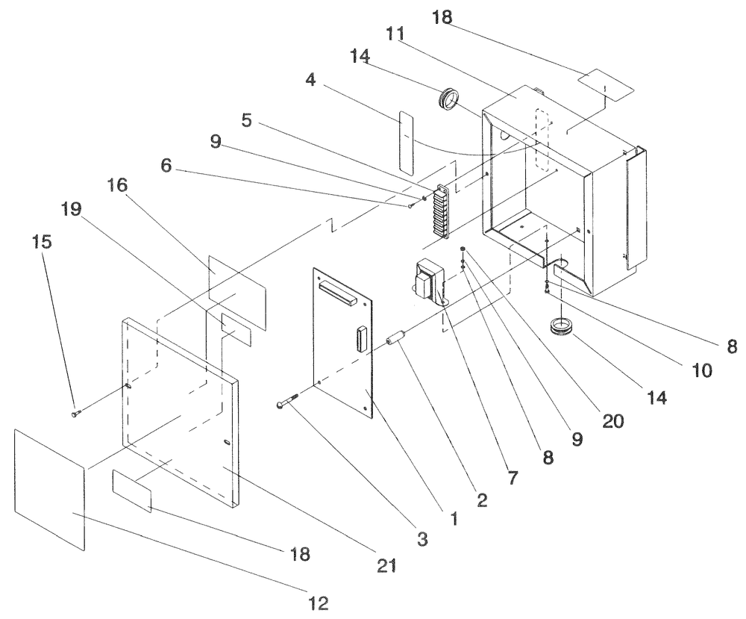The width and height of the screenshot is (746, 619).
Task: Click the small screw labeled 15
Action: pyautogui.click(x=76, y=411)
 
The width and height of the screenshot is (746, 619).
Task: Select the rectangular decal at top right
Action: pyautogui.click(x=607, y=86)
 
